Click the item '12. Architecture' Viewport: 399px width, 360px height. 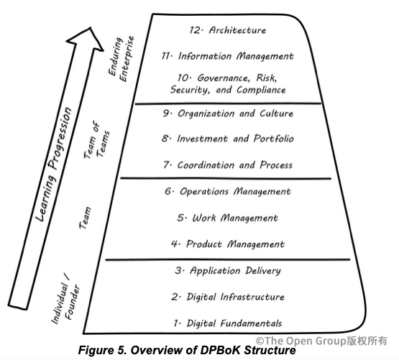(228, 30)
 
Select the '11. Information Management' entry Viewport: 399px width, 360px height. (228, 56)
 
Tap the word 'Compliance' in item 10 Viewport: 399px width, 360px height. (261, 90)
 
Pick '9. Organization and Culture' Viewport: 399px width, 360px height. (228, 114)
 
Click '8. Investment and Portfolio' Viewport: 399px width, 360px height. (228, 139)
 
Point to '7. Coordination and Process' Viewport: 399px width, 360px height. (228, 165)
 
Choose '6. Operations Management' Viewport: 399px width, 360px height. (228, 191)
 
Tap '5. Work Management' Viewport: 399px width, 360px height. (228, 218)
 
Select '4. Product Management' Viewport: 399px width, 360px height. (228, 244)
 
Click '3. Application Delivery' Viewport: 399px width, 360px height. (228, 271)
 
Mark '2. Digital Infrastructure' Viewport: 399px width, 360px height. (228, 297)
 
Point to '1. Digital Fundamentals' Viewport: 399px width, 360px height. (228, 323)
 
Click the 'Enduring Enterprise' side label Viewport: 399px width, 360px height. (121, 58)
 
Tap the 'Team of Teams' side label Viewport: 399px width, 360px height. (97, 139)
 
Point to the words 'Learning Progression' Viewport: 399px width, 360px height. (54, 164)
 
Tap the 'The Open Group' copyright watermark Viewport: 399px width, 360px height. (321, 341)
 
